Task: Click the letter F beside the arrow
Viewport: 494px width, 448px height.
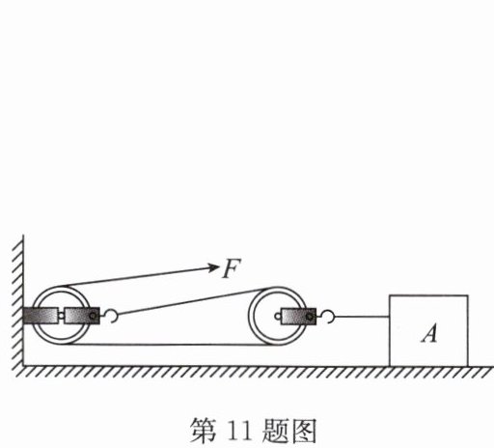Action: [232, 268]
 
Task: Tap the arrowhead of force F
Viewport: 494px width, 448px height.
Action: [213, 267]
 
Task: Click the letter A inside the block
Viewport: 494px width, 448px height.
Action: [429, 333]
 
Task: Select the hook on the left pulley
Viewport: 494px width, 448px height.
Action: [111, 316]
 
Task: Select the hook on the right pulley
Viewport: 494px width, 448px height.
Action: [328, 317]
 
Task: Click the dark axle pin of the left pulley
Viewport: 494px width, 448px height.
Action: [93, 316]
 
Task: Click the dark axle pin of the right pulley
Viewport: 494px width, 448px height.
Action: [309, 317]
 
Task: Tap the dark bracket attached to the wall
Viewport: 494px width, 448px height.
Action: [41, 316]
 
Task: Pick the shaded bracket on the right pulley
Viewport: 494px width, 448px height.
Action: [298, 317]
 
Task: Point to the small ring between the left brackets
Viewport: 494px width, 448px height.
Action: [61, 316]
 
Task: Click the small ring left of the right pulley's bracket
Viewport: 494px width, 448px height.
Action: [278, 317]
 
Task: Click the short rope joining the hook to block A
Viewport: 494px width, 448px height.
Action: [362, 317]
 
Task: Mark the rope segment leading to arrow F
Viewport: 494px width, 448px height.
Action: [135, 276]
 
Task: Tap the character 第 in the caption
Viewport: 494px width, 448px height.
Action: [204, 431]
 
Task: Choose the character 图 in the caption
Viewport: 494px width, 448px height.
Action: [303, 431]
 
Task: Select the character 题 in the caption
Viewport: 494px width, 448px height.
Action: [275, 431]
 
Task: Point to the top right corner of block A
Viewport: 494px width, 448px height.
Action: [468, 295]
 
